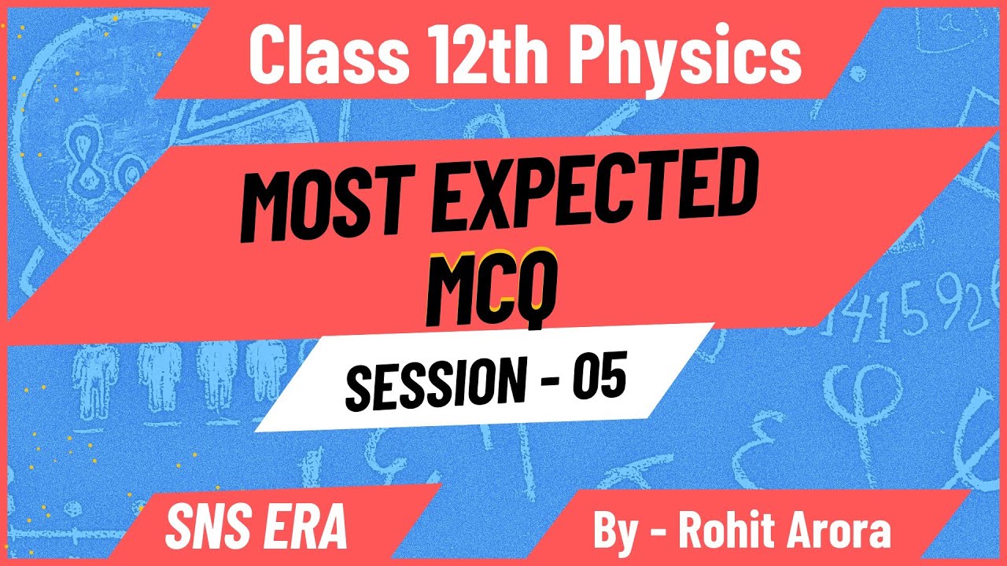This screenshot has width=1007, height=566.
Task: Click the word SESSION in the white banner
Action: click(430, 383)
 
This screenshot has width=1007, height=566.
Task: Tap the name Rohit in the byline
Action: click(728, 531)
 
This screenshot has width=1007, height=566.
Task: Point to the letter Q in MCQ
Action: click(535, 289)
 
